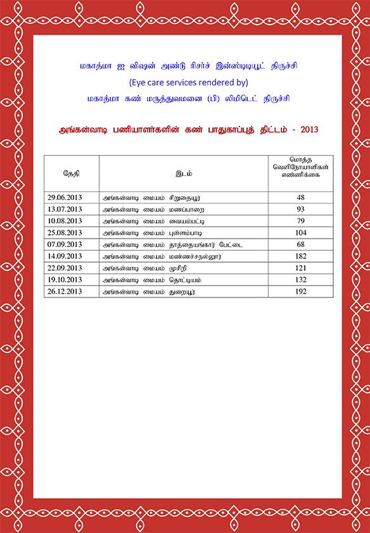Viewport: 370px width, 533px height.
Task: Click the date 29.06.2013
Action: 65,198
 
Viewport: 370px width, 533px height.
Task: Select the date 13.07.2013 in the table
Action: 65,210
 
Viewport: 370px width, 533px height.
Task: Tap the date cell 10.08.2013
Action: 65,221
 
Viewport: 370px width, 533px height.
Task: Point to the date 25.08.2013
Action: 65,233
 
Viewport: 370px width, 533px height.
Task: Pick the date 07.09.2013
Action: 65,244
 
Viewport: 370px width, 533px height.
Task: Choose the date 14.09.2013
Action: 65,256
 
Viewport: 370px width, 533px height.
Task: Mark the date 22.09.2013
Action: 65,268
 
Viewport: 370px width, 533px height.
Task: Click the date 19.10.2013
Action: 65,280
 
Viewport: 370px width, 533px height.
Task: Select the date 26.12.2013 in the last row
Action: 65,292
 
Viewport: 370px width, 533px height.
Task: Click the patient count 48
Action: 300,198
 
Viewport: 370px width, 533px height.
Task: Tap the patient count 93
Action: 300,210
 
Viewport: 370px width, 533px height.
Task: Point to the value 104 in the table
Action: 300,233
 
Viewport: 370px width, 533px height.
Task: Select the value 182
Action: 300,256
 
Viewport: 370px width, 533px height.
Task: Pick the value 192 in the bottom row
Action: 300,292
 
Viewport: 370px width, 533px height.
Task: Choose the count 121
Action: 300,268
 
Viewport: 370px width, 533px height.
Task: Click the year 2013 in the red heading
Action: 310,130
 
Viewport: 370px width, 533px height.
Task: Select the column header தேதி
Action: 71,173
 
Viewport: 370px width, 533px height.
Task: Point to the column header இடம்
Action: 184,173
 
